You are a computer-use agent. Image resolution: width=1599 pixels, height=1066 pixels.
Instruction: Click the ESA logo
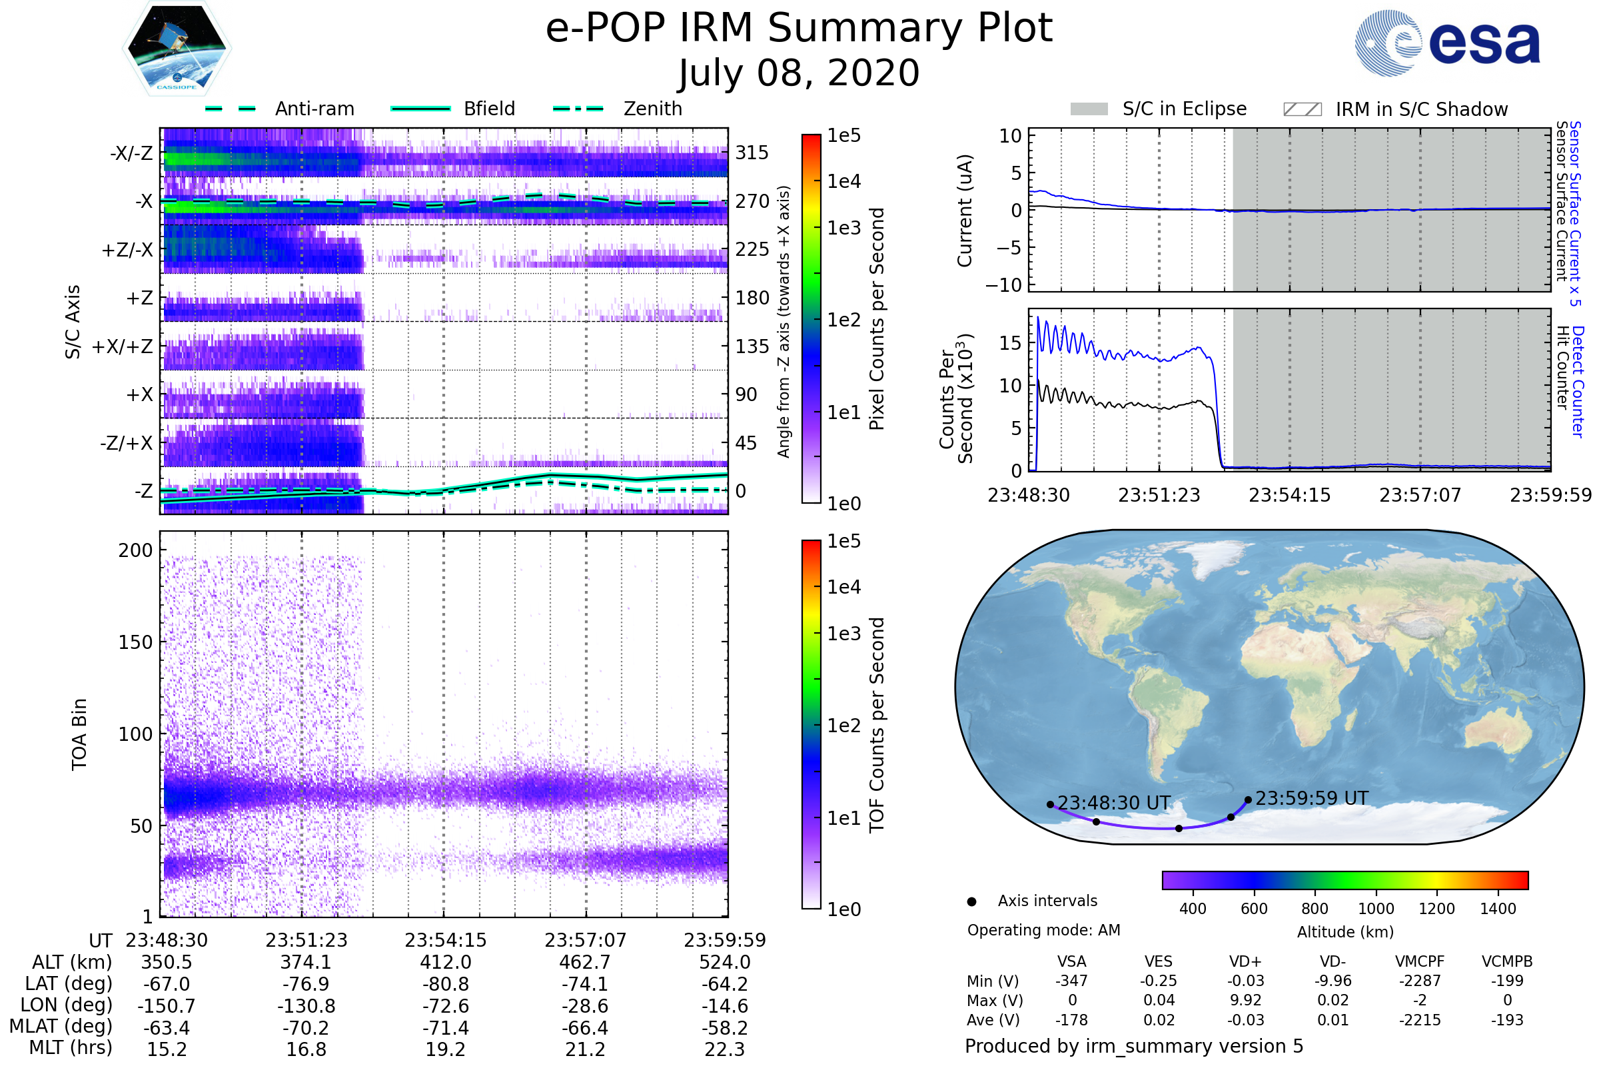pyautogui.click(x=1446, y=42)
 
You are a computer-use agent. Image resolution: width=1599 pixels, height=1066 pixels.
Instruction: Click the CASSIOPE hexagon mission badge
pyautogui.click(x=177, y=48)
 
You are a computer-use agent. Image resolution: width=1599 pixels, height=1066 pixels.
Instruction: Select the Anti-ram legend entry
pyautogui.click(x=279, y=109)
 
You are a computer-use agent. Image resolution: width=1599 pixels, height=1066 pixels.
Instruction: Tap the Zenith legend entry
pyautogui.click(x=618, y=109)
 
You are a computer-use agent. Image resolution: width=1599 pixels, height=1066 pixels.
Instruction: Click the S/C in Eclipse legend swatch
pyautogui.click(x=1089, y=109)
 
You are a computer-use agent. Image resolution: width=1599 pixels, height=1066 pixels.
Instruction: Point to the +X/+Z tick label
pyautogui.click(x=123, y=346)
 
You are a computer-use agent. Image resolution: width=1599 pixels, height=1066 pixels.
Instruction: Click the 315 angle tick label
pyautogui.click(x=752, y=153)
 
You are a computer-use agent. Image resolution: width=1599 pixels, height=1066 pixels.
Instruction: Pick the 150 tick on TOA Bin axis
pyautogui.click(x=135, y=642)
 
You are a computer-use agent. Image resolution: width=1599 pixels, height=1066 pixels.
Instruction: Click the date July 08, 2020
pyautogui.click(x=799, y=73)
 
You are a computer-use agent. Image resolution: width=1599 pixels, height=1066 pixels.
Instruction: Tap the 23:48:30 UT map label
pyautogui.click(x=1113, y=803)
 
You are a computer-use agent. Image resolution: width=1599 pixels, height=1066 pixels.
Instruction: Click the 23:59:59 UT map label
pyautogui.click(x=1311, y=798)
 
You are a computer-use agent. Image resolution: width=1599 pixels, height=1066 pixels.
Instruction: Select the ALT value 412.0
pyautogui.click(x=446, y=963)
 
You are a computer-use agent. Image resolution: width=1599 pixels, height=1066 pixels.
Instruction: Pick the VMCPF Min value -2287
pyautogui.click(x=1420, y=981)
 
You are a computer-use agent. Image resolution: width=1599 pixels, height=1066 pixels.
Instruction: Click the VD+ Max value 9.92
pyautogui.click(x=1245, y=1000)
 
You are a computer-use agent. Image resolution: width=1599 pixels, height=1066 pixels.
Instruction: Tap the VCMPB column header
pyautogui.click(x=1507, y=961)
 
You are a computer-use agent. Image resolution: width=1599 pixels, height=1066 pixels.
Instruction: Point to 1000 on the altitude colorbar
pyautogui.click(x=1376, y=909)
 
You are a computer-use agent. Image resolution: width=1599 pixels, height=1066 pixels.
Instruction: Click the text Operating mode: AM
pyautogui.click(x=1043, y=930)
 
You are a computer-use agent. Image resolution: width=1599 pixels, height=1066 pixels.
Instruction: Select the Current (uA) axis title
pyautogui.click(x=965, y=211)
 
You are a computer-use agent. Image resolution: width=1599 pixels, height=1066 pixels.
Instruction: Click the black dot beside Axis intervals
pyautogui.click(x=972, y=901)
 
